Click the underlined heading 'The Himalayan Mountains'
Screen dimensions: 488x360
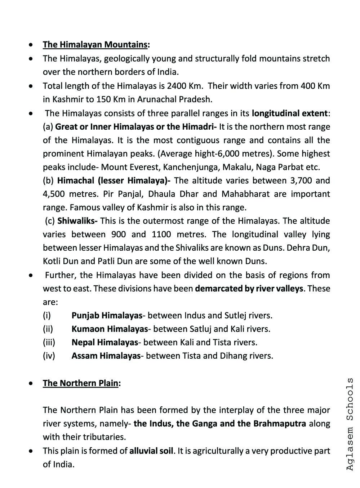[x=95, y=45]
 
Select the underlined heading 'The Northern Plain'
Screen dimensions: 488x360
[x=80, y=383]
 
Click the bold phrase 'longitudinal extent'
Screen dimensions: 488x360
[x=290, y=113]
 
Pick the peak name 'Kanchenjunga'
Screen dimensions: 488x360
[x=191, y=167]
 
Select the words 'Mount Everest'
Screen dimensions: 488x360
[x=130, y=167]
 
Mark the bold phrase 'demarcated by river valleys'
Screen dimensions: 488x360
[x=249, y=289]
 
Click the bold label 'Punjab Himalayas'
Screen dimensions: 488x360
[x=107, y=316]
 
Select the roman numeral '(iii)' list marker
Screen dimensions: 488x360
[x=49, y=343]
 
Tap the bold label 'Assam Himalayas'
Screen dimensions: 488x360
[x=106, y=356]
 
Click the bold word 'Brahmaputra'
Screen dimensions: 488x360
[x=280, y=424]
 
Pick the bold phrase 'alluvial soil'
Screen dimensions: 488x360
[x=151, y=451]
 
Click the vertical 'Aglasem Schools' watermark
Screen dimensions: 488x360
[x=349, y=424]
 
